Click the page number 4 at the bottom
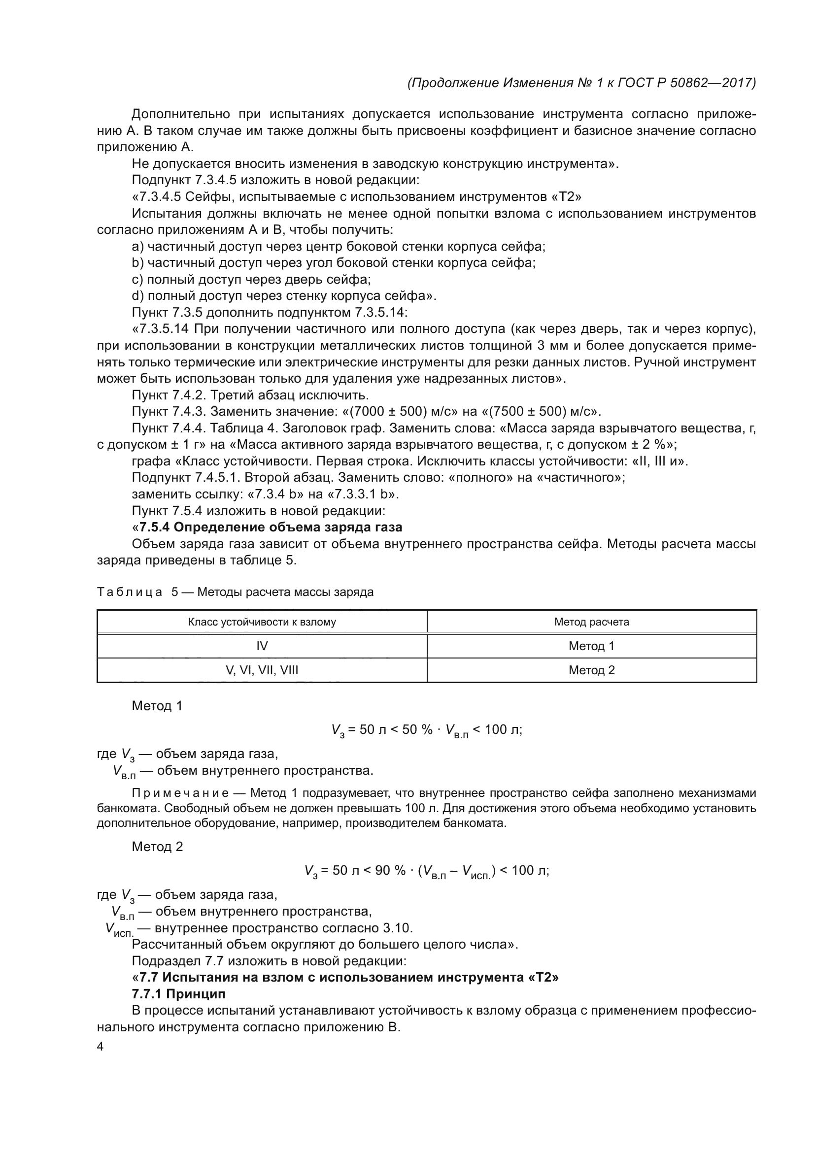[100, 1047]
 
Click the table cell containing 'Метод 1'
[591, 646]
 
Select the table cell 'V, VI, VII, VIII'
[262, 670]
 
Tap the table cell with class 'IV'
[262, 646]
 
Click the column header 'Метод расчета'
[591, 622]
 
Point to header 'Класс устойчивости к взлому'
[262, 622]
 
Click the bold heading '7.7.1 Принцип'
[179, 994]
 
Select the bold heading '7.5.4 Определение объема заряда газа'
[271, 527]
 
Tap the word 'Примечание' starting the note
[180, 793]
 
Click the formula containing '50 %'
[427, 730]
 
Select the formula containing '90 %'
[427, 870]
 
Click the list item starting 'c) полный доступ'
[251, 279]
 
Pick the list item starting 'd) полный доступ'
[283, 296]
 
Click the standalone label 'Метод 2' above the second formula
[157, 847]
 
